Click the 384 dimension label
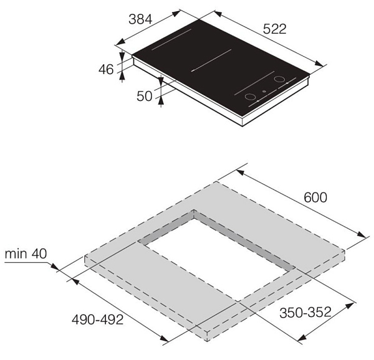coord(140,19)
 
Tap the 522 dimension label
coord(274,29)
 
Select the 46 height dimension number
coord(106,70)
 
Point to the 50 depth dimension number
coord(145,97)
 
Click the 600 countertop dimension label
coord(315,197)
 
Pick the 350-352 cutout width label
coord(305,312)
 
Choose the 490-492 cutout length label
coord(98,320)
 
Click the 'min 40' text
coord(26,254)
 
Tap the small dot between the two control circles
coord(264,91)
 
